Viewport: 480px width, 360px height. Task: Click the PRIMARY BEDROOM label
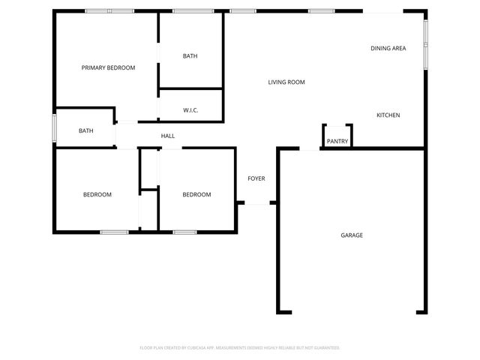click(108, 67)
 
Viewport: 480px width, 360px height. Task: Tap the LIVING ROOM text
click(286, 82)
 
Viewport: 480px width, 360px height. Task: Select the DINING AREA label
click(388, 48)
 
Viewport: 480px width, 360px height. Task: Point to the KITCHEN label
click(388, 115)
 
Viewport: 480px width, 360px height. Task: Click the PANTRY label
click(337, 141)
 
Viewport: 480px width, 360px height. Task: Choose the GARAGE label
click(352, 235)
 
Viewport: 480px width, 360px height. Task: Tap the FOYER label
click(256, 178)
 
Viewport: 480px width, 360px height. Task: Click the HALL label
click(168, 136)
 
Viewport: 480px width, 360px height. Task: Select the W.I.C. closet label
click(190, 110)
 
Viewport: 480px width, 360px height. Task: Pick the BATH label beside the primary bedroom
click(190, 56)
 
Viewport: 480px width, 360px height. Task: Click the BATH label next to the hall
click(86, 131)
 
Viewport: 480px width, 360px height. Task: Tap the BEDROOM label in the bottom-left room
click(97, 194)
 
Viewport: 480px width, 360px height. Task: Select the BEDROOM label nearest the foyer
click(196, 194)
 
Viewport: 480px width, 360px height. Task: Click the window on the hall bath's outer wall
click(54, 127)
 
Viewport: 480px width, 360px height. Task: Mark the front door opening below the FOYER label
click(257, 202)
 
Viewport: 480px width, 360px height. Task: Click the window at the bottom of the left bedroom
click(115, 232)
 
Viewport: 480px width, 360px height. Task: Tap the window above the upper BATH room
click(190, 11)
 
